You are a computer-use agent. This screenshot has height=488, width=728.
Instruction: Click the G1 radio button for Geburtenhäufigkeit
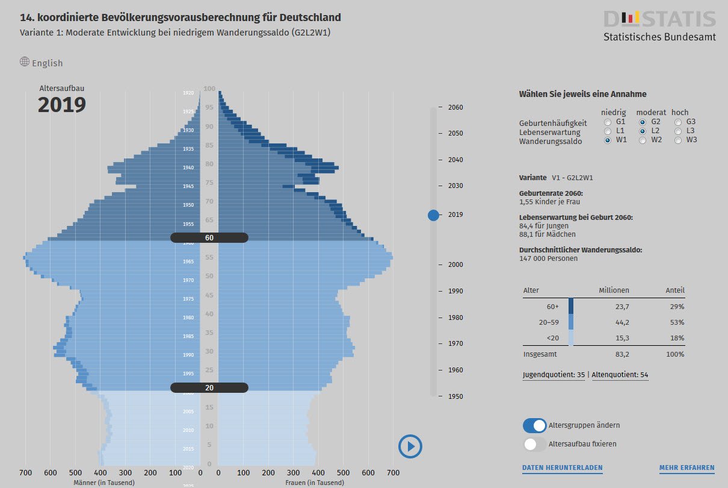point(608,122)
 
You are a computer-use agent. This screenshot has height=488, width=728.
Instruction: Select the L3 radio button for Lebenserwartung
point(678,131)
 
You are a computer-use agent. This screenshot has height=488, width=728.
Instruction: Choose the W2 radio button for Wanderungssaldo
point(643,140)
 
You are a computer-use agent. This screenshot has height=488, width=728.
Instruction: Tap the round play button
point(410,446)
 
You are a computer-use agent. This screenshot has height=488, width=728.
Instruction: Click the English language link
point(47,63)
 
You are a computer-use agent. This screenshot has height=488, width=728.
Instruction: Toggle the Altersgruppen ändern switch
point(535,425)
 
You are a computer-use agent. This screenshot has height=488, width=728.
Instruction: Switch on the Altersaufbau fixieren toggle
point(535,444)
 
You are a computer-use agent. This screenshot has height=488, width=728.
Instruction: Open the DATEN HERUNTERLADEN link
point(562,468)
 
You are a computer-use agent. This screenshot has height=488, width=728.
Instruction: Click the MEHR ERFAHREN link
point(686,468)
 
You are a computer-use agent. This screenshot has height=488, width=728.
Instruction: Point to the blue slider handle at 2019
point(433,215)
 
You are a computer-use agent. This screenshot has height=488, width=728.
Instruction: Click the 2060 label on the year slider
point(455,107)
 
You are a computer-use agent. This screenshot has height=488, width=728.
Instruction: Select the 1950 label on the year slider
point(455,396)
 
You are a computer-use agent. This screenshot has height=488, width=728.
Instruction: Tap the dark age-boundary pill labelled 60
point(209,238)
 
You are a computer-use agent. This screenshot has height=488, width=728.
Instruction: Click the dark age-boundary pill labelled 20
point(209,388)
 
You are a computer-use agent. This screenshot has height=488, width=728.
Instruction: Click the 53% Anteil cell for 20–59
point(677,322)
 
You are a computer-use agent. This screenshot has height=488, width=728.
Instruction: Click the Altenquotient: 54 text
point(620,375)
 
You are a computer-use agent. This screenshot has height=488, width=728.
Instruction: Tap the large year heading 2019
point(62,105)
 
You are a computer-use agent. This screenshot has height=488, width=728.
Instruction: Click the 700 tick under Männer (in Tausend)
point(25,474)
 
